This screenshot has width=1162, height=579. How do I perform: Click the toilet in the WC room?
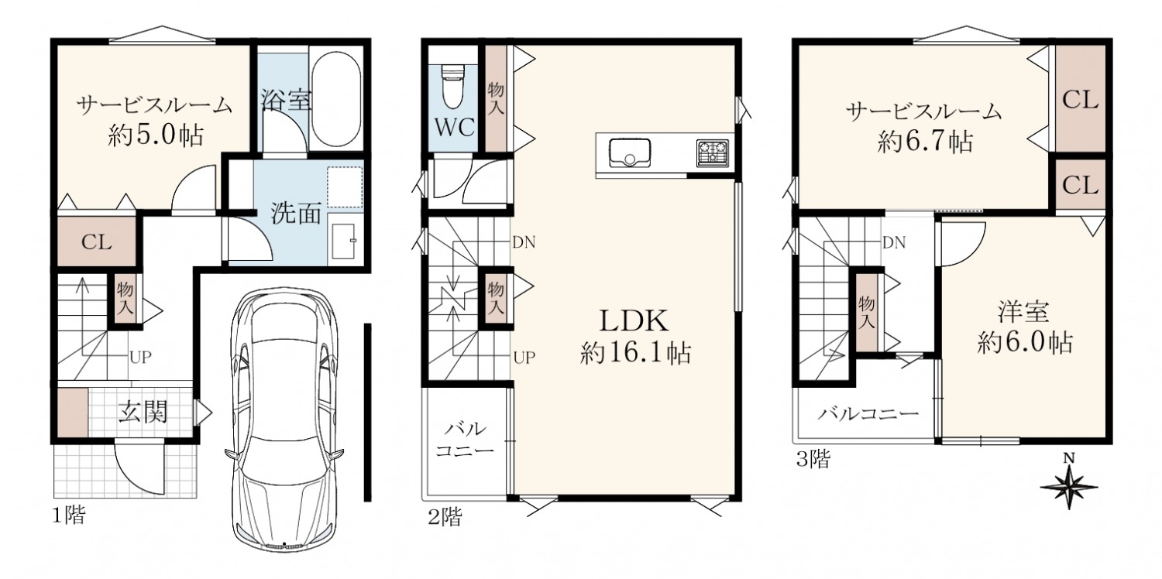click(x=452, y=85)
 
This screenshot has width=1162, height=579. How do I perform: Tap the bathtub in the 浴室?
click(x=336, y=100)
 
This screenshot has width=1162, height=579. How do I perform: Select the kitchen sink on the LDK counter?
click(x=630, y=152)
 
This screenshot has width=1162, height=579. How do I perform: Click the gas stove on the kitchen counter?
click(x=712, y=153)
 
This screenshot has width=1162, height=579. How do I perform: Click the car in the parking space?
click(x=284, y=418)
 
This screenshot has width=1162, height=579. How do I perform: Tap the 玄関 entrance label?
click(x=143, y=413)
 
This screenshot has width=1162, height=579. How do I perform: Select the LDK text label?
click(x=634, y=321)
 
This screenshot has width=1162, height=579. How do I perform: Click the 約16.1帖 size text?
click(x=635, y=354)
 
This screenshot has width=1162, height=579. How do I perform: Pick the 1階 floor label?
click(x=68, y=516)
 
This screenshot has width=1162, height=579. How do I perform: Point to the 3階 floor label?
click(x=813, y=459)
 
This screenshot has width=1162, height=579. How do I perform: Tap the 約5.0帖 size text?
click(x=156, y=135)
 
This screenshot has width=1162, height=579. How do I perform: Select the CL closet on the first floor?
click(x=96, y=242)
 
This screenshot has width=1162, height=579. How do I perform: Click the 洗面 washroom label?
click(x=296, y=213)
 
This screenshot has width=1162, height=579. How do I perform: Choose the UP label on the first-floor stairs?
click(x=140, y=357)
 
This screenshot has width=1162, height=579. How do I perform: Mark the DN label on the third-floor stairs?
click(x=894, y=242)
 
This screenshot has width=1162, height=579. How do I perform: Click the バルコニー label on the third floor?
click(x=868, y=413)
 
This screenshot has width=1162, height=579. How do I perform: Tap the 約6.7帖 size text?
click(x=925, y=141)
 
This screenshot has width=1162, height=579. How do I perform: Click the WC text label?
click(x=455, y=127)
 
